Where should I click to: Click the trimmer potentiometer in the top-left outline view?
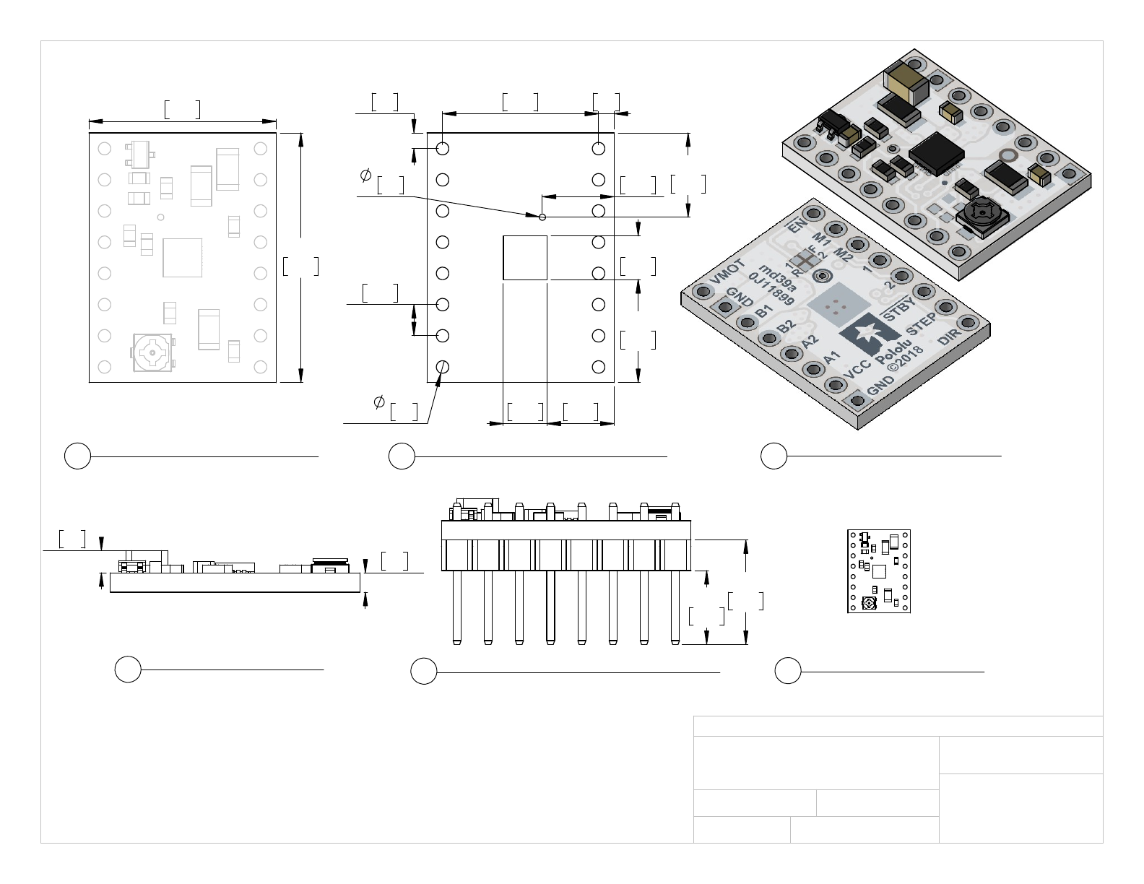153,352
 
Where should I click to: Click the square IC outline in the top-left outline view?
182,258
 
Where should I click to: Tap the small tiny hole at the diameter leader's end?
542,216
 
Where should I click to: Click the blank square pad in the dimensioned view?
525,257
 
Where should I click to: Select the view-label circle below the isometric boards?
773,456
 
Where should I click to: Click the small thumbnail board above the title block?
879,571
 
